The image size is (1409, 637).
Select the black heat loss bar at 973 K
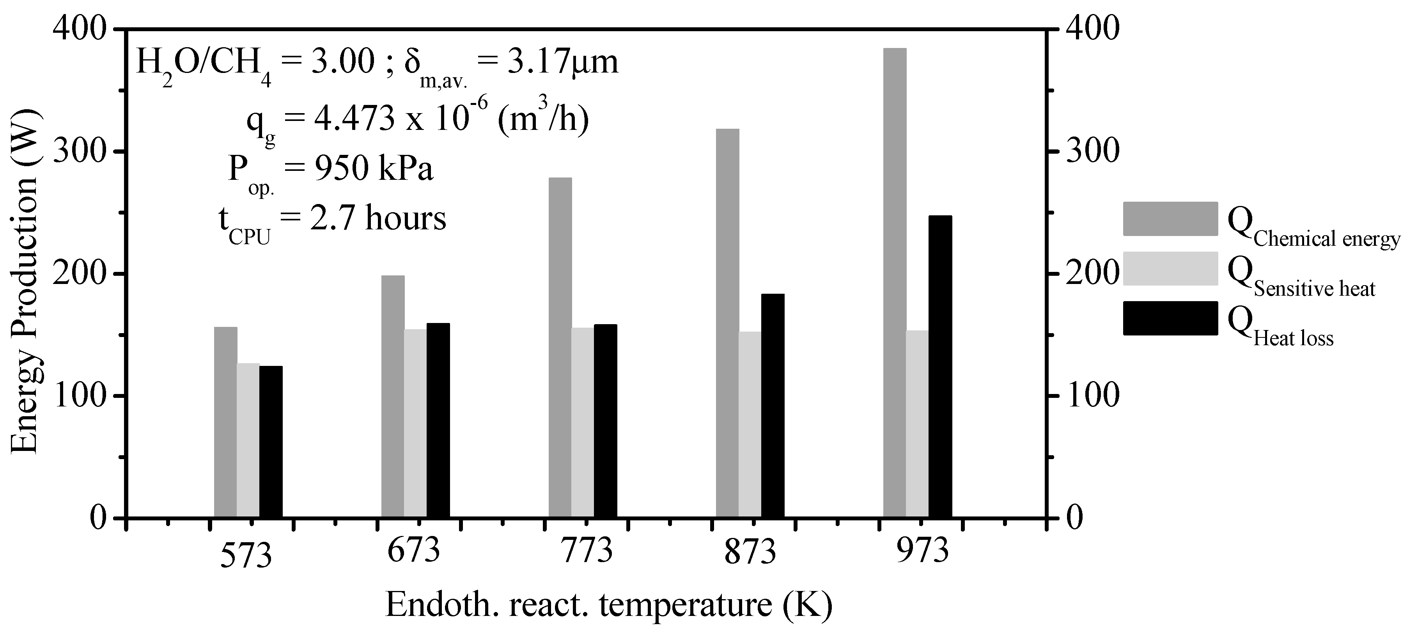point(940,367)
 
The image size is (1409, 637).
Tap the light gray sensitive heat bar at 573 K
point(248,440)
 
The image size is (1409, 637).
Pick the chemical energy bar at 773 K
point(560,348)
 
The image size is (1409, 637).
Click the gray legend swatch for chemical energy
point(1170,219)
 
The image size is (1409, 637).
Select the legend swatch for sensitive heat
point(1170,269)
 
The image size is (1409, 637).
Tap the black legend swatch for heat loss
point(1170,318)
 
